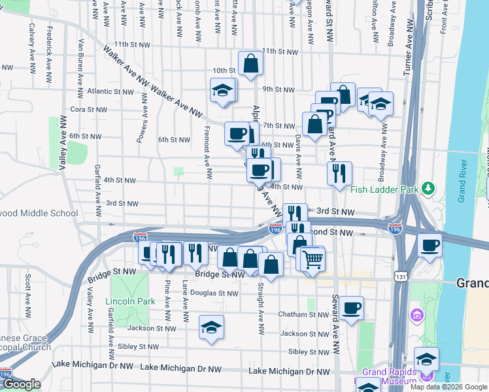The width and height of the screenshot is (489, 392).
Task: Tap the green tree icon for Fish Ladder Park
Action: coord(428,189)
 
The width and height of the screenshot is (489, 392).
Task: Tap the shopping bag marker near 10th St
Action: coord(250,64)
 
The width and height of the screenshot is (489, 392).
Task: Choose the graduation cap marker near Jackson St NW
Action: coord(211,327)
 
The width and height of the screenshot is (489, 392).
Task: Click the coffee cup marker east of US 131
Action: coord(430,246)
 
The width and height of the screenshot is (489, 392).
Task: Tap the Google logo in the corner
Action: coord(21,384)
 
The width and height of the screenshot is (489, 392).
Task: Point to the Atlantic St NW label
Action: coord(108,91)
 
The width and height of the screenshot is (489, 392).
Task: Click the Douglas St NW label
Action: coord(214,293)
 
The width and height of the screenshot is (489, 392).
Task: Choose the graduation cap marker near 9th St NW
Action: coord(222,90)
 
